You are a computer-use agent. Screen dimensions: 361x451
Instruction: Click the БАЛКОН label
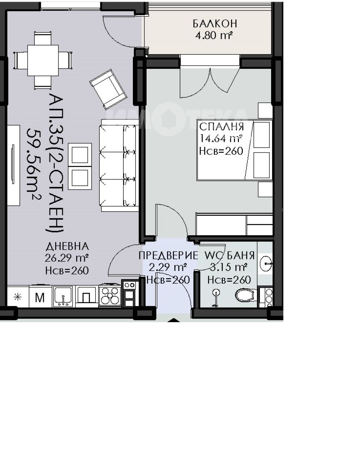[215, 24]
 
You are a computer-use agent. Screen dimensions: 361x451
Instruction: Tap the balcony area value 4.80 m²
[214, 35]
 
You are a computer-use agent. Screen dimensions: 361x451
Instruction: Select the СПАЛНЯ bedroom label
[222, 127]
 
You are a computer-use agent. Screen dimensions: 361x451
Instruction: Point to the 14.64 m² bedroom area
[221, 138]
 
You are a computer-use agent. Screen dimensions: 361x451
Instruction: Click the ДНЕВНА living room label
[68, 246]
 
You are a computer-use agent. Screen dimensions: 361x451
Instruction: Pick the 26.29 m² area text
[66, 258]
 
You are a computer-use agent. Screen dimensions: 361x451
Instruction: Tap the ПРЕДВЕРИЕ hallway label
[168, 255]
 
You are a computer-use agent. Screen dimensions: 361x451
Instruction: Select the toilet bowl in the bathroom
[245, 295]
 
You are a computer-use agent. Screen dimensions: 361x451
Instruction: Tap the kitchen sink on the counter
[63, 296]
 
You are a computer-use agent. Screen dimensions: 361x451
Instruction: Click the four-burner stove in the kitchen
[110, 295]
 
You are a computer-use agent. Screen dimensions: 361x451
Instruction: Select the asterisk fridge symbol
[18, 297]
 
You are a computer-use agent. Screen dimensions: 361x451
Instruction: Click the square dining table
[43, 60]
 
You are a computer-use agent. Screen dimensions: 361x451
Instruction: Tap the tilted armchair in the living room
[108, 89]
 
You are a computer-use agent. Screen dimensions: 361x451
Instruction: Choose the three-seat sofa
[119, 165]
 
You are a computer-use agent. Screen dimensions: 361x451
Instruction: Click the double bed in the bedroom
[235, 150]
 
